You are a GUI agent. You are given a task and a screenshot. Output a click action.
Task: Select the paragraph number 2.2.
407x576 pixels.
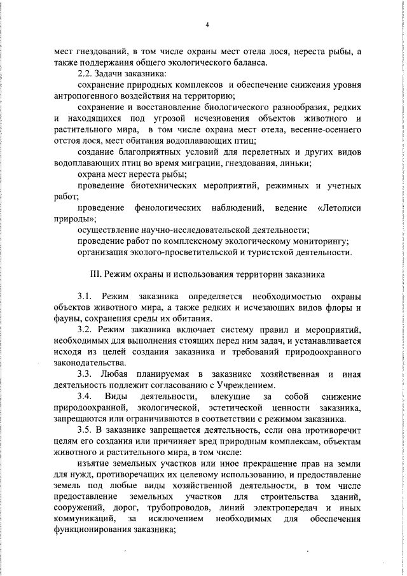pyautogui.click(x=86, y=73)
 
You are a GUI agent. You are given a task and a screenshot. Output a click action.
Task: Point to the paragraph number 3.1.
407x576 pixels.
pyautogui.click(x=86, y=297)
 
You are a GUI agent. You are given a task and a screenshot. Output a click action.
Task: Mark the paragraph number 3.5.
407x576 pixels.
pyautogui.click(x=86, y=430)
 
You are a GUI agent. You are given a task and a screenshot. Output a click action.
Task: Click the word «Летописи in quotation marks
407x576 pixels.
pyautogui.click(x=338, y=208)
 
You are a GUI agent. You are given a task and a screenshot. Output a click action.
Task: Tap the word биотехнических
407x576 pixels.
pyautogui.click(x=169, y=185)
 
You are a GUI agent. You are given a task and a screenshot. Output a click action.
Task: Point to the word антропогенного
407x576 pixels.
pyautogui.click(x=81, y=96)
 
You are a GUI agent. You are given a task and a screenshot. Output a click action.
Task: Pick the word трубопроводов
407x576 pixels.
pyautogui.click(x=203, y=508)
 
